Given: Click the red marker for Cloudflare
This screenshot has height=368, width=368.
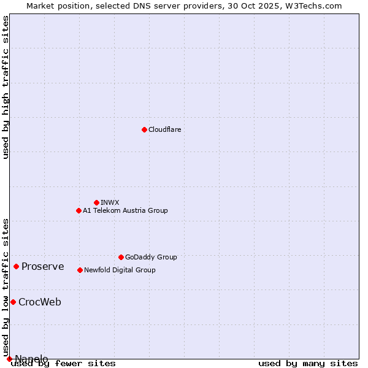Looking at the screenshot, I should click(144, 129).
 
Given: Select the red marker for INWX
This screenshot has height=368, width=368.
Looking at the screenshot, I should click(96, 202).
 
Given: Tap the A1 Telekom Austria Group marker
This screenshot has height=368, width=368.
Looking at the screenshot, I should click(79, 210).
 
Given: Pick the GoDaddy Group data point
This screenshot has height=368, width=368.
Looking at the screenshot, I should click(121, 257).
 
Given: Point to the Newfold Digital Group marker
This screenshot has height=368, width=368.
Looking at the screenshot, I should click(80, 270).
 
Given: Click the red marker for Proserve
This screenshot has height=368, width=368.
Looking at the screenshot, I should click(17, 266).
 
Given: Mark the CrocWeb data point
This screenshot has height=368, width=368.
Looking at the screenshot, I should click(13, 302).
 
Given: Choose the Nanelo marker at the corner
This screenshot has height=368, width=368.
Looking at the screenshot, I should click(9, 359).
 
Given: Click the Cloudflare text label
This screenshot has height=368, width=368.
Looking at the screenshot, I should click(164, 129).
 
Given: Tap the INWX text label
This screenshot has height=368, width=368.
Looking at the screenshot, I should click(110, 202).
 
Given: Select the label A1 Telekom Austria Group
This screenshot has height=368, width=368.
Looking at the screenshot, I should click(125, 210).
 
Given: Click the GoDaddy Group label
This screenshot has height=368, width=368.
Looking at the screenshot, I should click(151, 257).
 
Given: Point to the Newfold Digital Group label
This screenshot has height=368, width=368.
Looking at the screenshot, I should click(120, 270).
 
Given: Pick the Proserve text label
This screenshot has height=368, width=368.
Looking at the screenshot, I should click(43, 266).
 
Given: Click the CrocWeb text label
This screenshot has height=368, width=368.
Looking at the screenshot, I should click(40, 302).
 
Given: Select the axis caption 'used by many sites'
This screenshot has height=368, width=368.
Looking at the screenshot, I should click(308, 363).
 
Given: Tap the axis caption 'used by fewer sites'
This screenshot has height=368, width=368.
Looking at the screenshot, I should click(63, 363).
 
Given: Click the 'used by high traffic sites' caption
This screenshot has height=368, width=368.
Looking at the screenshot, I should click(6, 87).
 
